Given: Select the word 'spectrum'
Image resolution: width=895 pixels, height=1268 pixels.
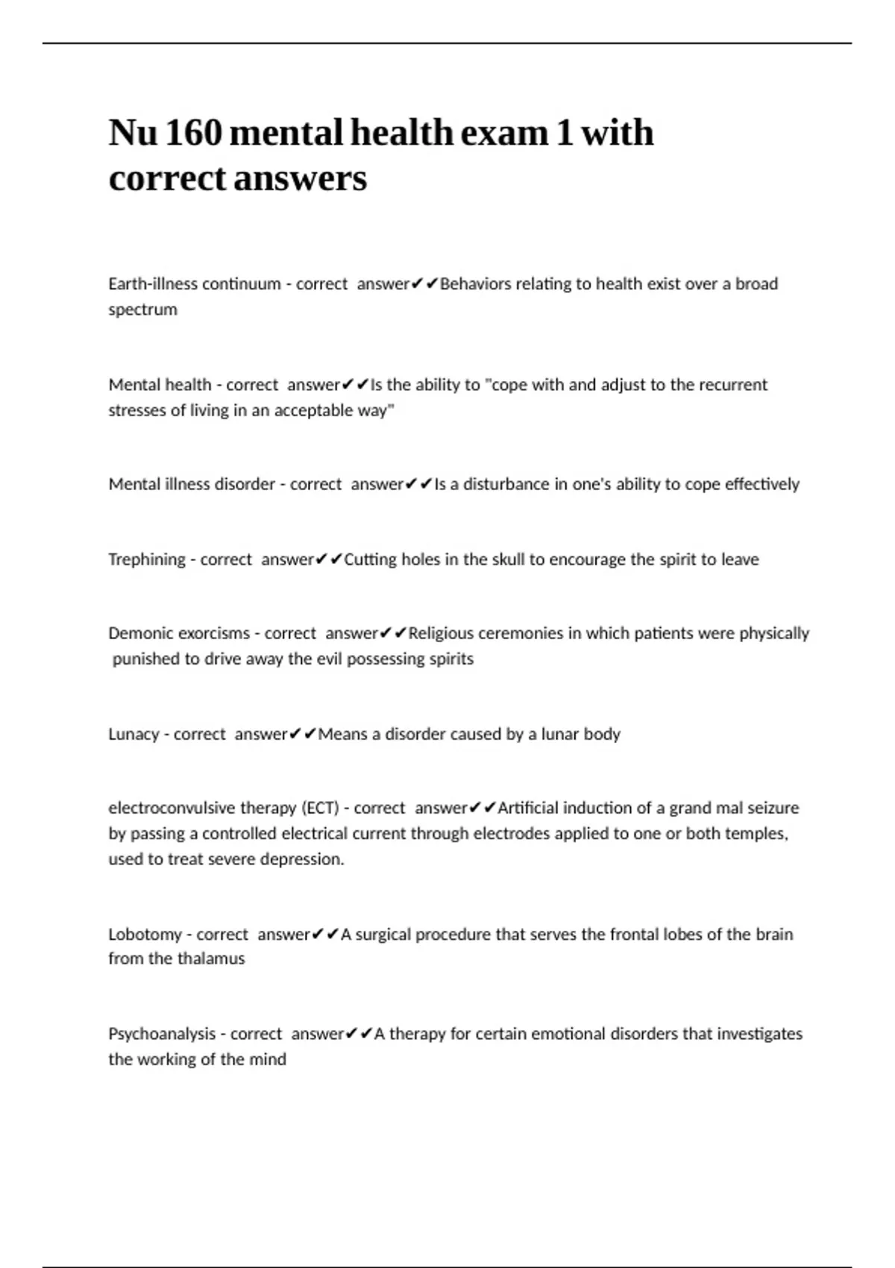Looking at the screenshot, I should [x=142, y=310].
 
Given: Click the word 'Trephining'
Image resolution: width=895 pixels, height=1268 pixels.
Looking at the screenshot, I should [x=147, y=559].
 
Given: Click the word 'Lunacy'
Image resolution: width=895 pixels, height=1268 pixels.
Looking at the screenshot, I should [x=134, y=734].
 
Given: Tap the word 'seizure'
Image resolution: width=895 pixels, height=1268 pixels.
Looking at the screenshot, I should [x=771, y=808].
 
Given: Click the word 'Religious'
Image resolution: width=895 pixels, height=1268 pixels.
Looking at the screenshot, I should [x=441, y=633].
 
